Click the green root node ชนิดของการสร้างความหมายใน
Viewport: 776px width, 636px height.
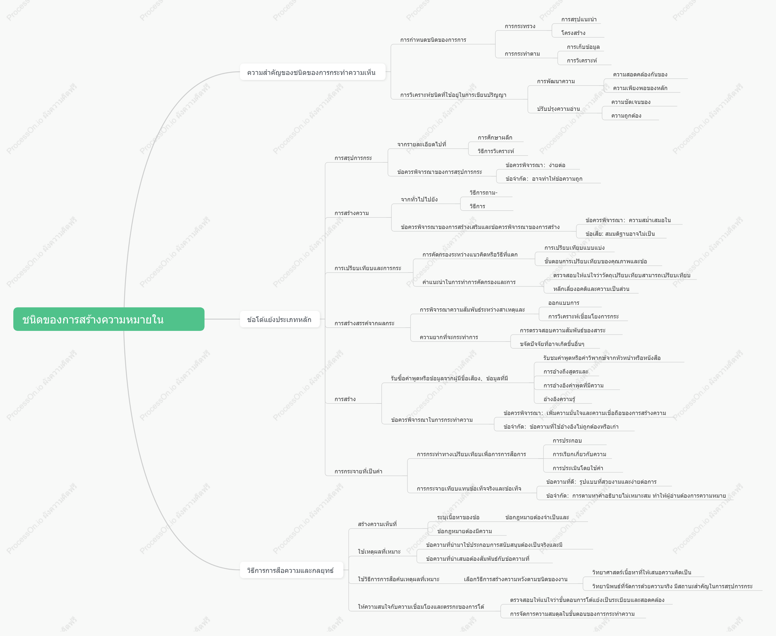click(109, 319)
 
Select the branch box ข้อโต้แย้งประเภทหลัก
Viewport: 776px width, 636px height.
click(279, 319)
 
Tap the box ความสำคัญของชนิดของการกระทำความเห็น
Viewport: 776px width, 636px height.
click(312, 72)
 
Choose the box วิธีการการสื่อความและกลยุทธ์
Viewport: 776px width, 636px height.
click(291, 570)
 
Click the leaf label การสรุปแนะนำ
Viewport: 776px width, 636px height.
click(579, 20)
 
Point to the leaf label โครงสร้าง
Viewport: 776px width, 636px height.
click(573, 33)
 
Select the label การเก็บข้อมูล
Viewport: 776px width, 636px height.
click(583, 47)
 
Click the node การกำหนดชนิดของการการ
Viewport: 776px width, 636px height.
click(433, 40)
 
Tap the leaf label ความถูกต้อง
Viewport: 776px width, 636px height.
click(626, 116)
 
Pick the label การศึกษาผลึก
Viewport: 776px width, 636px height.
click(495, 137)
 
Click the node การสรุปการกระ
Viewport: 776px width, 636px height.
click(353, 158)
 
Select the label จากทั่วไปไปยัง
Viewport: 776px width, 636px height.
click(419, 199)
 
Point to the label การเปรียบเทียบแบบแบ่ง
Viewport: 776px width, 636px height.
click(574, 248)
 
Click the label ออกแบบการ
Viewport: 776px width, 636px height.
click(564, 303)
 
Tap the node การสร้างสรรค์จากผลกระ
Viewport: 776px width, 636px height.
click(364, 323)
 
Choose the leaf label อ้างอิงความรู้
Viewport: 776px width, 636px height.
click(559, 399)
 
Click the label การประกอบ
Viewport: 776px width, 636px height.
click(567, 441)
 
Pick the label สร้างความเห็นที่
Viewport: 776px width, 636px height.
click(377, 524)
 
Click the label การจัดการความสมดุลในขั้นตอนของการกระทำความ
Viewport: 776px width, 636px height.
click(572, 614)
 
